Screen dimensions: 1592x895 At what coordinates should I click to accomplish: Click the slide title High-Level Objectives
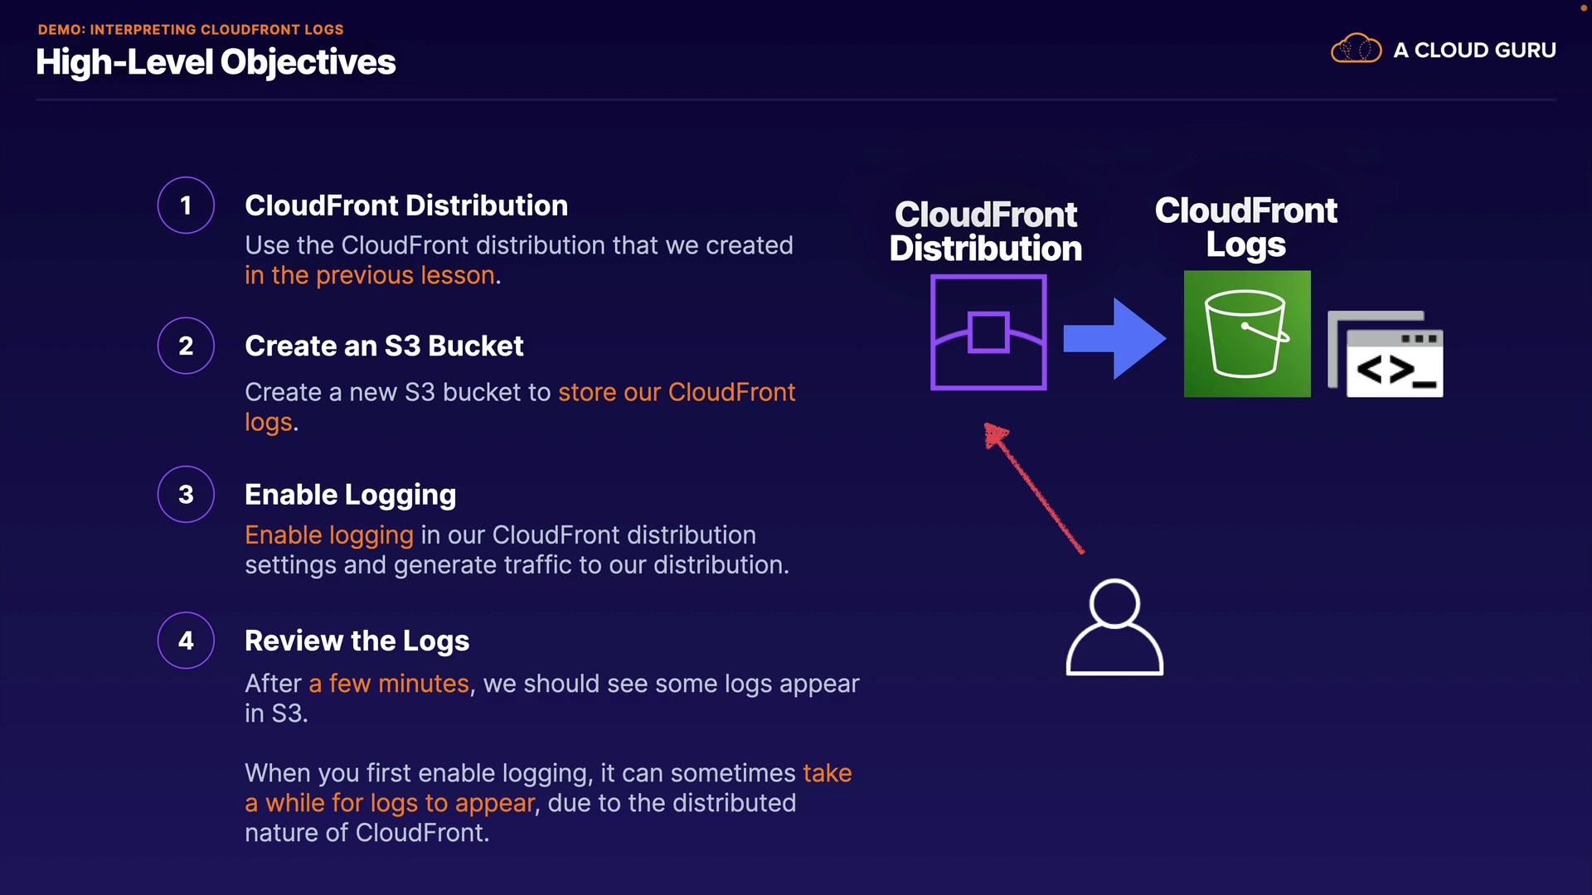click(216, 62)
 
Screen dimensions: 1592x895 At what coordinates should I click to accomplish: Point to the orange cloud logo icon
click(1356, 49)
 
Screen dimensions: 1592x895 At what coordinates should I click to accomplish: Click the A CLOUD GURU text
click(1474, 51)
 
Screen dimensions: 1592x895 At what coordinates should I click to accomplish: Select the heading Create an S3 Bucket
click(384, 346)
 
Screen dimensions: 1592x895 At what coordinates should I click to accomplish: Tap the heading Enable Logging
click(350, 495)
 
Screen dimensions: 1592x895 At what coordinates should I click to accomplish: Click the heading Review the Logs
click(357, 641)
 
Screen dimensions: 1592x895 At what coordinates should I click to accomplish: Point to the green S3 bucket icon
click(1247, 334)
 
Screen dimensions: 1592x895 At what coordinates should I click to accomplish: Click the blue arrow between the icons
click(1114, 338)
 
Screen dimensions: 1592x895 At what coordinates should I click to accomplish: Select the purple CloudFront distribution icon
click(988, 332)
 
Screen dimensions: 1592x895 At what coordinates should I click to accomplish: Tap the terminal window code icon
click(1386, 354)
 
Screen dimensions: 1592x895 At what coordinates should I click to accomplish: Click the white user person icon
click(1114, 627)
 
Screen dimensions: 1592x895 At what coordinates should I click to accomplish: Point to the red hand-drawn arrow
click(1033, 488)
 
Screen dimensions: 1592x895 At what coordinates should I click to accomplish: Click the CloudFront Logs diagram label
click(1245, 227)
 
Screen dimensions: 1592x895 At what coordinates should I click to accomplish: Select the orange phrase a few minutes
click(389, 684)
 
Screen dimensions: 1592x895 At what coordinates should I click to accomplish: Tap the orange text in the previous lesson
click(370, 275)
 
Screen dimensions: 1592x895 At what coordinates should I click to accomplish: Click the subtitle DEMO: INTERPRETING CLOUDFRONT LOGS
click(191, 30)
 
